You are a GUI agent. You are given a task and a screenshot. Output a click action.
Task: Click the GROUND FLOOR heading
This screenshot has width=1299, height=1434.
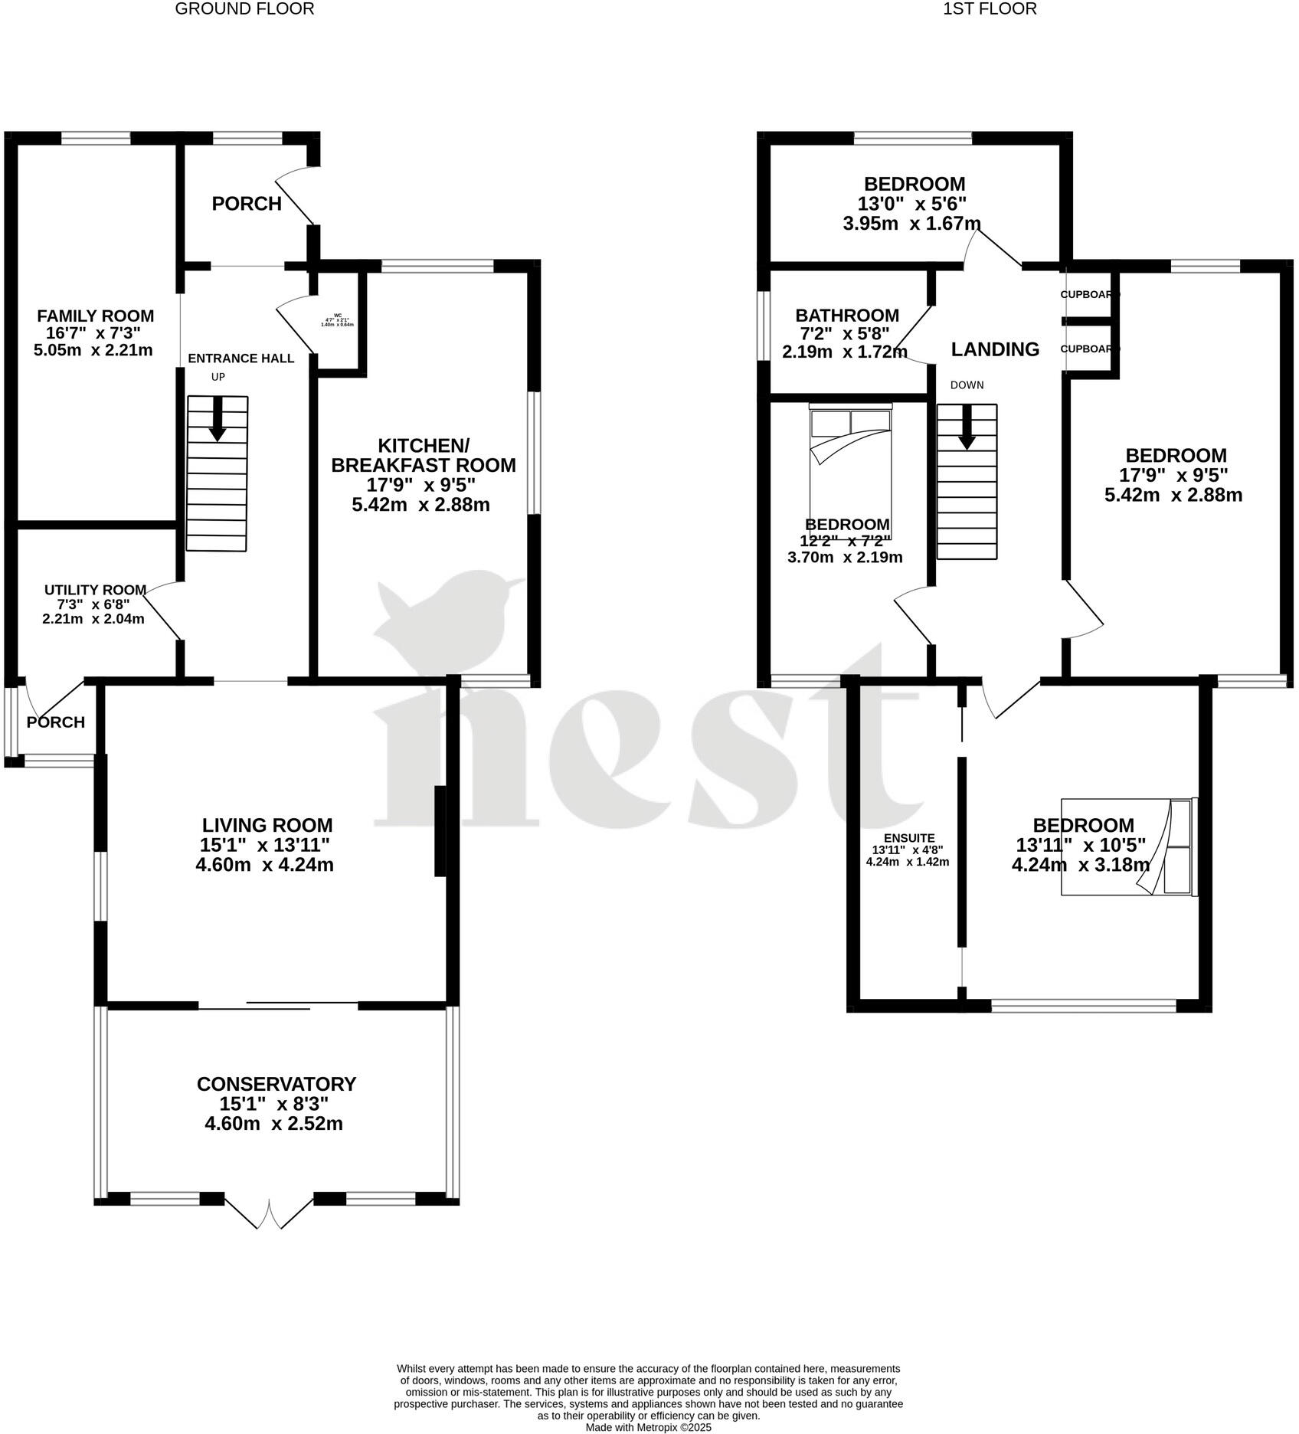[244, 9]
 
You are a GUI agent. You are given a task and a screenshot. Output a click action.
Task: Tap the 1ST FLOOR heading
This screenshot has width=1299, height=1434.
[990, 9]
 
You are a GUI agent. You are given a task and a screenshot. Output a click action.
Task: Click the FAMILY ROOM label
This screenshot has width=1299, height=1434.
[96, 316]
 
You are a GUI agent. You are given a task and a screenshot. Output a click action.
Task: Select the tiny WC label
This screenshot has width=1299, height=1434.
[338, 315]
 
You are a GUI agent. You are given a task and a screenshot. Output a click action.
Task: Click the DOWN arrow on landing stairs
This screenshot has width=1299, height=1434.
[967, 426]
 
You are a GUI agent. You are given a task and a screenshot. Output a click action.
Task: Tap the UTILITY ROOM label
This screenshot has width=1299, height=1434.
[95, 590]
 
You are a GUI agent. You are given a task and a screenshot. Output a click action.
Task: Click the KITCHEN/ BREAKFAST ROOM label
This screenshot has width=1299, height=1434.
[423, 455]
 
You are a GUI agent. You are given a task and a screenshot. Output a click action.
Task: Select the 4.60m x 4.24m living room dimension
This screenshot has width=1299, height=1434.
[264, 865]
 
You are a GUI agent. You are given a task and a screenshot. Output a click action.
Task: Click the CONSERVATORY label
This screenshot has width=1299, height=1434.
[276, 1084]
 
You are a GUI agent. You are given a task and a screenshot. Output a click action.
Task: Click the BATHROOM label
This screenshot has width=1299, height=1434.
[847, 315]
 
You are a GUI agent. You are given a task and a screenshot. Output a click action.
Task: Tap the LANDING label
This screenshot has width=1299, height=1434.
[995, 349]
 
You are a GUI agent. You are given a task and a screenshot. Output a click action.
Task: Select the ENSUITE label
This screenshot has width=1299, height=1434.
[908, 838]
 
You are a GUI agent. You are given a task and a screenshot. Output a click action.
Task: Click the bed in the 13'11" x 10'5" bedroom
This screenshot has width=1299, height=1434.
[1127, 846]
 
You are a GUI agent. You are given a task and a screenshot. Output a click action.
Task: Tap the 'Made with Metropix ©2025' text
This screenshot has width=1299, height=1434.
[648, 1427]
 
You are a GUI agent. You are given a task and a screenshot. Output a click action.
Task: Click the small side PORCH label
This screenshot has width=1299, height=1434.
[55, 722]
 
